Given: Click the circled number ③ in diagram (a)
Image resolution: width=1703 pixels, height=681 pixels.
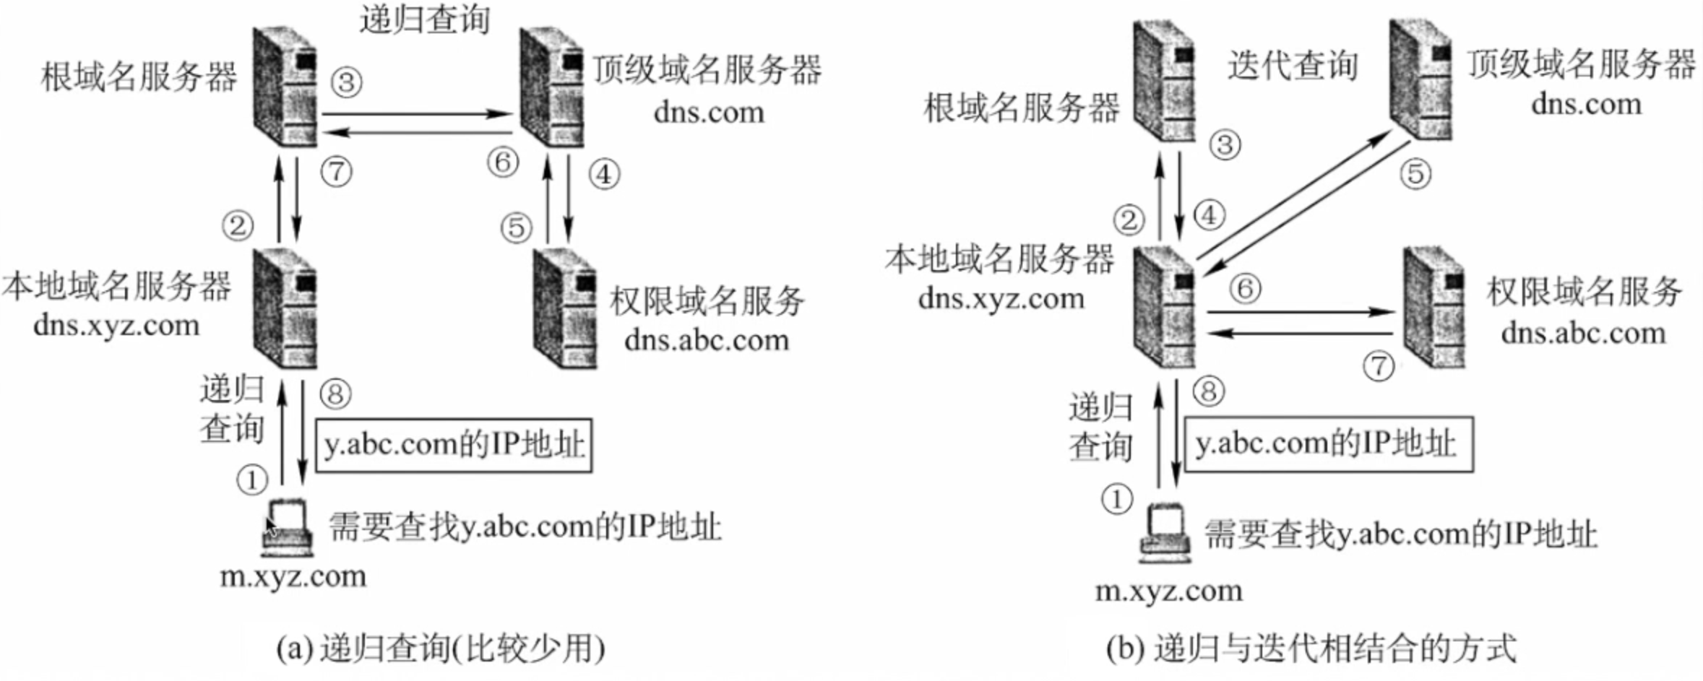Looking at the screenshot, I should pos(346,82).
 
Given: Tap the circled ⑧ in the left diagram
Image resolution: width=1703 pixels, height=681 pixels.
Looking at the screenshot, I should pos(335,394).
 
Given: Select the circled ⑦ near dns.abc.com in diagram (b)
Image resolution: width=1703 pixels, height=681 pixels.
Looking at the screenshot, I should pos(1379,365).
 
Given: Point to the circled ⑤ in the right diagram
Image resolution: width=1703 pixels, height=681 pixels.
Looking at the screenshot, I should pos(1415,174).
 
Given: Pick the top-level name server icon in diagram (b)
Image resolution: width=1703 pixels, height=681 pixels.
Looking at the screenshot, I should pos(1420,79).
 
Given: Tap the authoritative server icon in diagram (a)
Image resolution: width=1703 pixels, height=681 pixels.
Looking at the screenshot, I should pos(564,308).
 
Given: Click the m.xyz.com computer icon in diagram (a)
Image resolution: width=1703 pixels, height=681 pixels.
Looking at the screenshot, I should pos(287,528).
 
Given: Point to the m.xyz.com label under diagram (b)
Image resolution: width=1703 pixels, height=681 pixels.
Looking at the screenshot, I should pos(1168,591).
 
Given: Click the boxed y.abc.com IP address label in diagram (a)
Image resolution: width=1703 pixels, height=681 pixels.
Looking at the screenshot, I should pos(454,445).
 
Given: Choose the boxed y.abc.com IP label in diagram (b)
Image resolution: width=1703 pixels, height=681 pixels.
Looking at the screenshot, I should pos(1327,444).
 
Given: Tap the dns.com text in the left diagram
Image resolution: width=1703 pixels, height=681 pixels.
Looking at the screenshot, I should pos(708,113).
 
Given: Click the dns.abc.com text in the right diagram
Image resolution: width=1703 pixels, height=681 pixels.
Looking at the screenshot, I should pos(1583,334).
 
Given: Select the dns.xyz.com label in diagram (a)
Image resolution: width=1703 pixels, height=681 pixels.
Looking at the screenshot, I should pos(116,326).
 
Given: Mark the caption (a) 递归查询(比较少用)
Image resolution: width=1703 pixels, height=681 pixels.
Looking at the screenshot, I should pos(441,649).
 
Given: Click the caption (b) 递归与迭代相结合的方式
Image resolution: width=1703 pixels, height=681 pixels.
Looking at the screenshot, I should pos(1311,648).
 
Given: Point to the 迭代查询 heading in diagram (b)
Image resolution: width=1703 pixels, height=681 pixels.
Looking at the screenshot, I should pos(1293,66).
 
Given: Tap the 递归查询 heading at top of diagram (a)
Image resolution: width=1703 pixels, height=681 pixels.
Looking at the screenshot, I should pos(425,19).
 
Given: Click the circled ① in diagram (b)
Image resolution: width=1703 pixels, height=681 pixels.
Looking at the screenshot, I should pos(1116,499).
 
